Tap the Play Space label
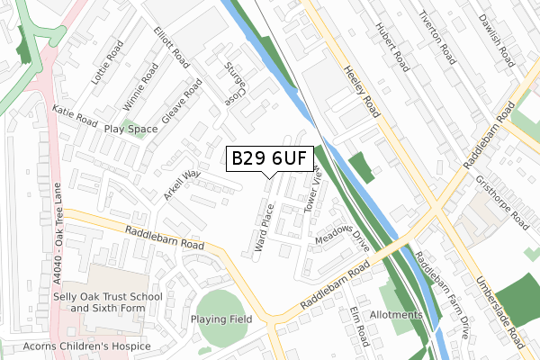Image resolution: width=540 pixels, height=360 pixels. coord(130,129)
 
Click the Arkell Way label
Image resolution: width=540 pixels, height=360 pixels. coord(180,184)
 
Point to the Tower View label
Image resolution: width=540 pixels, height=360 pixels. coord(312,192)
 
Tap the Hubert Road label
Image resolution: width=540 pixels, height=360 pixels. coord(397,43)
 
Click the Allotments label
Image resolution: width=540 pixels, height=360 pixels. coord(395,315)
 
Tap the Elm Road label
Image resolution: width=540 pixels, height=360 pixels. coord(358,328)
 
